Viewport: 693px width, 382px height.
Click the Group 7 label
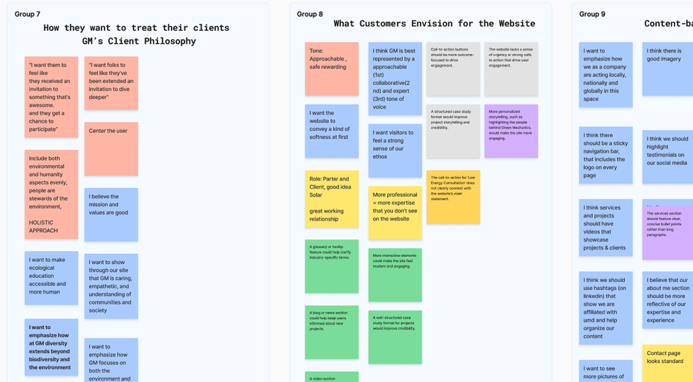click(x=27, y=14)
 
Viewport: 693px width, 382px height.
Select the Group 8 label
click(x=310, y=14)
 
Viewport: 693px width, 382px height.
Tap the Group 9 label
click(x=592, y=14)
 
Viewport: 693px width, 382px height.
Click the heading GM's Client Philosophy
click(x=139, y=41)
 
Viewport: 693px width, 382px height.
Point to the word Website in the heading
click(x=517, y=24)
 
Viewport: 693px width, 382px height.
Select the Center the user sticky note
click(x=111, y=149)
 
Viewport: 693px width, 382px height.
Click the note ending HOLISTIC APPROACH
click(x=51, y=194)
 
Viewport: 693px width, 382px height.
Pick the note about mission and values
click(x=111, y=214)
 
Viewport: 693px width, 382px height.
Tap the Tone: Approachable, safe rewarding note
click(x=332, y=69)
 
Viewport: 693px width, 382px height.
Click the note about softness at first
click(x=332, y=131)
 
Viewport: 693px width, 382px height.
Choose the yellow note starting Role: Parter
click(x=332, y=199)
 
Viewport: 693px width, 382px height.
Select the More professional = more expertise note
click(x=395, y=213)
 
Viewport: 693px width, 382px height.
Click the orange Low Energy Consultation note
click(x=453, y=197)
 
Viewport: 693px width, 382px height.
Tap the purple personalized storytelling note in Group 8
click(x=511, y=131)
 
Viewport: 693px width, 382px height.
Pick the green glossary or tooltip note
click(x=332, y=266)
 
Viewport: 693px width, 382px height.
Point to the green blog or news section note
click(x=332, y=332)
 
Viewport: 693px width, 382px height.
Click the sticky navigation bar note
click(x=605, y=155)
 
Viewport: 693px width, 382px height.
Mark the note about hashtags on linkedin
click(x=605, y=308)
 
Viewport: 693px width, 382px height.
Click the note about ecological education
click(x=51, y=278)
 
